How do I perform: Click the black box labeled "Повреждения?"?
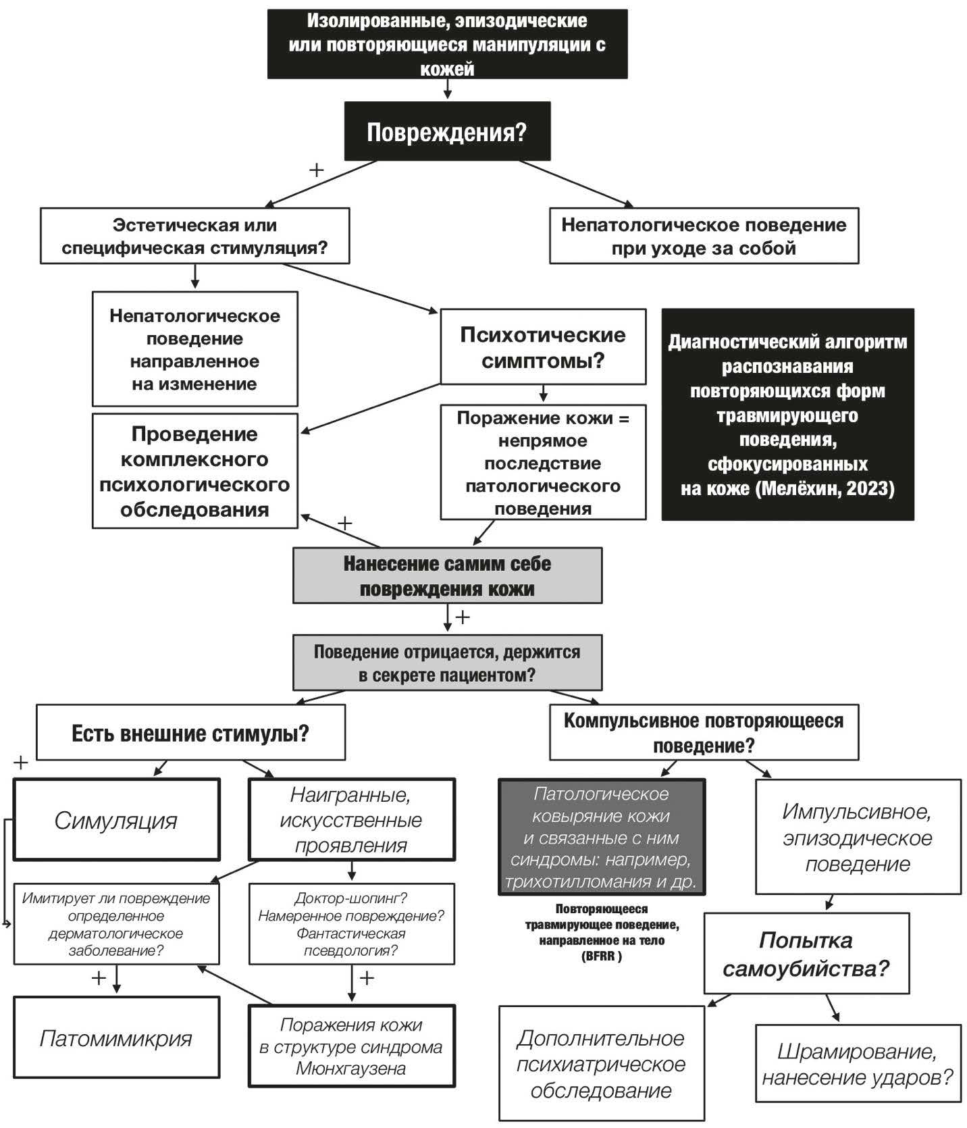[446, 132]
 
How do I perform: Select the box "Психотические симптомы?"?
[543, 347]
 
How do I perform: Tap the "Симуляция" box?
[116, 820]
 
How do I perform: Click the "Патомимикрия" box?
[116, 1037]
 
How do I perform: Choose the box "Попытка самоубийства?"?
[806, 954]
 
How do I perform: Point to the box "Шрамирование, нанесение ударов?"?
[858, 1063]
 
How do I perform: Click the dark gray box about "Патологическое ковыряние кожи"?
[601, 838]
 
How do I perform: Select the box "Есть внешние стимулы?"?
[190, 733]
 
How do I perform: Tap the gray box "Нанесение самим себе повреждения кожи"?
[447, 575]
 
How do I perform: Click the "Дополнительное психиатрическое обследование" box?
[601, 1064]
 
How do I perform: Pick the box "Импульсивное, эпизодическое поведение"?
[858, 838]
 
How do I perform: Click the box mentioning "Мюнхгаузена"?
[351, 1046]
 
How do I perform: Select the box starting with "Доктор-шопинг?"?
[351, 924]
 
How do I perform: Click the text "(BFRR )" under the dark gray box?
[601, 956]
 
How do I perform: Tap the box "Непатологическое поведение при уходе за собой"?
[704, 236]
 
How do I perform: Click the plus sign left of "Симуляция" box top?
[21, 763]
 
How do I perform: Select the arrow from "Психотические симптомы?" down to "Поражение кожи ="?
[543, 394]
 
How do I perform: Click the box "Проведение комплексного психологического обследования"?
[194, 471]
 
